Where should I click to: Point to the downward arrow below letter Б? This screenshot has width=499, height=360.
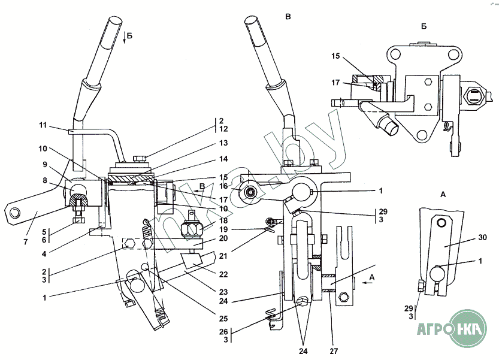[125, 39]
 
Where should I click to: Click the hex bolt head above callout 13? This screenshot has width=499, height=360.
[137, 157]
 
